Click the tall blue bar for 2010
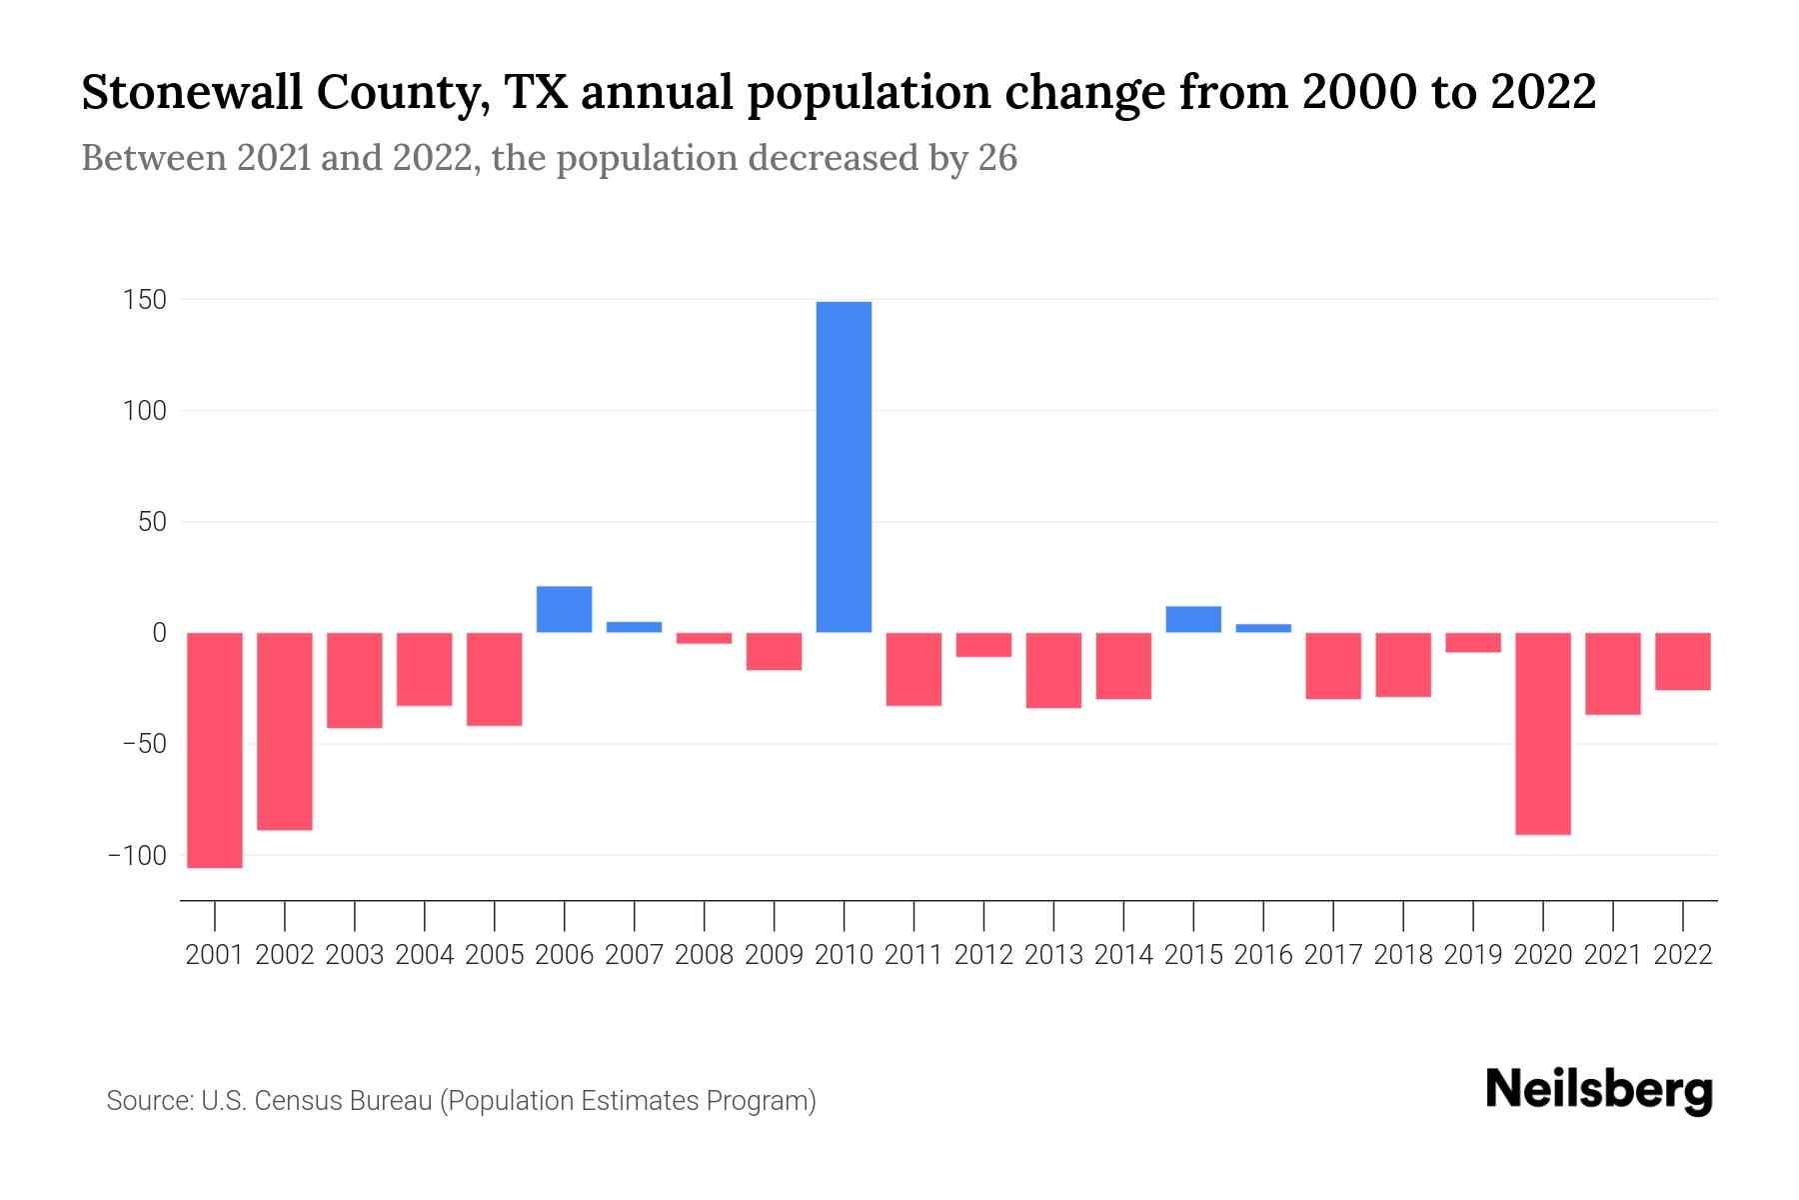(x=844, y=466)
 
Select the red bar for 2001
(x=215, y=750)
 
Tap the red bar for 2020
(x=1542, y=733)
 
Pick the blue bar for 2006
(x=564, y=609)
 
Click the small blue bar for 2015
(x=1192, y=619)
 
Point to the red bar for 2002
(x=285, y=731)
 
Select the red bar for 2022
(x=1682, y=661)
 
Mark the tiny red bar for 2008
(x=704, y=638)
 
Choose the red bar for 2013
(x=1053, y=670)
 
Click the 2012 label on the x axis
(x=983, y=955)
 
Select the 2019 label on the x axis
(x=1472, y=955)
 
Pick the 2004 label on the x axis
(x=425, y=955)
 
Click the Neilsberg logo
(x=1598, y=1091)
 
